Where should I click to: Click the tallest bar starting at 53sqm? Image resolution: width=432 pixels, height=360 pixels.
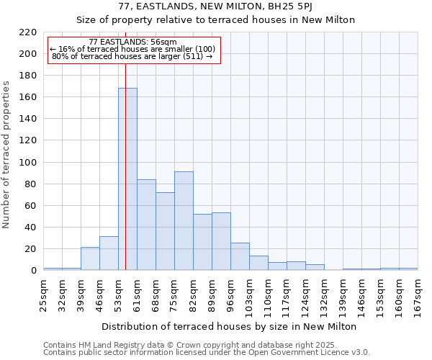[x=127, y=179]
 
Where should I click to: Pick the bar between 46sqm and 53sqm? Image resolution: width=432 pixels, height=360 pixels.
[x=109, y=253]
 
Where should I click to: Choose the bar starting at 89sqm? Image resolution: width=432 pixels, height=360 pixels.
[x=221, y=241]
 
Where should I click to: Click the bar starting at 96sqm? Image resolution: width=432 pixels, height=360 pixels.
[x=240, y=256]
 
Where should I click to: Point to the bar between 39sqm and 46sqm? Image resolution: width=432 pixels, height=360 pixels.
[x=90, y=258]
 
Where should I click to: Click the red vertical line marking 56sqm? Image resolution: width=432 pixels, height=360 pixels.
[x=125, y=144]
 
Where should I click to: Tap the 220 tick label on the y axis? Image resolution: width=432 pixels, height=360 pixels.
[x=28, y=32]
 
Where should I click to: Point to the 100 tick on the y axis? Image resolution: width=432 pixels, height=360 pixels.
[x=28, y=163]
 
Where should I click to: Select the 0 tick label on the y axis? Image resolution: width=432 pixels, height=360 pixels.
[x=33, y=271]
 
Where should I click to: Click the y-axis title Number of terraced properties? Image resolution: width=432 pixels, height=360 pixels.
[x=7, y=154]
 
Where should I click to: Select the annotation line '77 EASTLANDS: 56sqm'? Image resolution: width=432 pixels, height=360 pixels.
[x=133, y=42]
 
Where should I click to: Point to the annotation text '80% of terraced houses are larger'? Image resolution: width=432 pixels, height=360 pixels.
[x=133, y=56]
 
